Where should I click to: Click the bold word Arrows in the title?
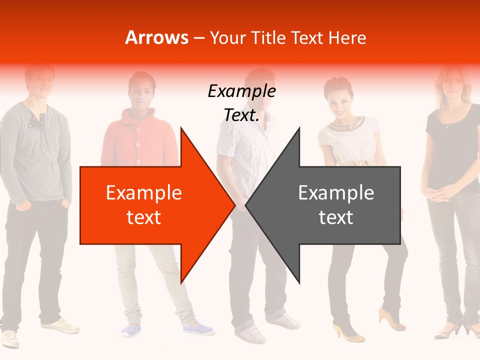click(157, 38)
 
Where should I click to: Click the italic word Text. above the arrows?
click(241, 115)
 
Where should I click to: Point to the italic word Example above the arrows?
click(241, 91)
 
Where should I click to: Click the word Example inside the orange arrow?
click(143, 193)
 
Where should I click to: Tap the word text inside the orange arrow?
click(143, 217)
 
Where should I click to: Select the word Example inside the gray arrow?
click(336, 193)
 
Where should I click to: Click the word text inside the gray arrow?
click(336, 217)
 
